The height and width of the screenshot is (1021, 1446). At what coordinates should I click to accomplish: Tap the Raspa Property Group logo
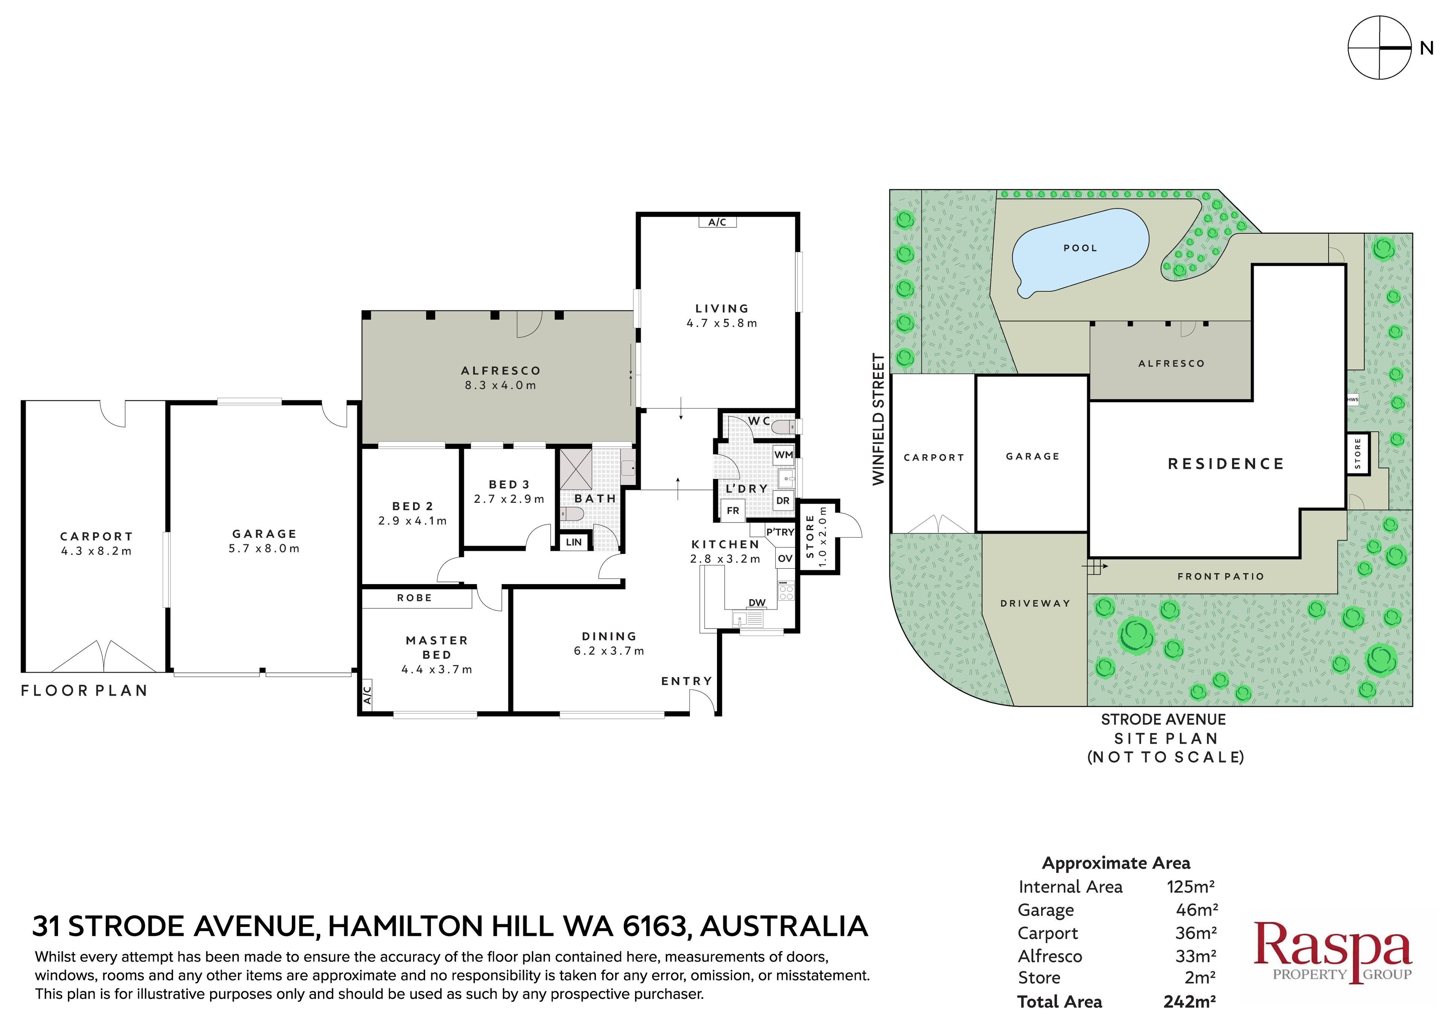point(1333,951)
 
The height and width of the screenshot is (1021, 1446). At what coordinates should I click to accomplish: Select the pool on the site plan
point(1080,253)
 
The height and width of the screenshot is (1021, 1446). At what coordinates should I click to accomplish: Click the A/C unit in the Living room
point(717,222)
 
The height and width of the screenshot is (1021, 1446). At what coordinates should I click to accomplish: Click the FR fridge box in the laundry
point(733,510)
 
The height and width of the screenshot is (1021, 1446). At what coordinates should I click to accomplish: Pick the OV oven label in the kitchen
point(785,558)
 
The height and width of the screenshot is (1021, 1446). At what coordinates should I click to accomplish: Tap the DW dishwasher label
point(757,603)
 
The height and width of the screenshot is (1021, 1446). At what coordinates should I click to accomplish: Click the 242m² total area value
point(1189,1001)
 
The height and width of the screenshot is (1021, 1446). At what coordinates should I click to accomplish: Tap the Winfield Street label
point(879,419)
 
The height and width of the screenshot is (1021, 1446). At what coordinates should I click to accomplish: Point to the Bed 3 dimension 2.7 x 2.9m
point(509,499)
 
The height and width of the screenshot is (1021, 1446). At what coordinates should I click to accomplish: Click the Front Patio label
point(1220,576)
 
